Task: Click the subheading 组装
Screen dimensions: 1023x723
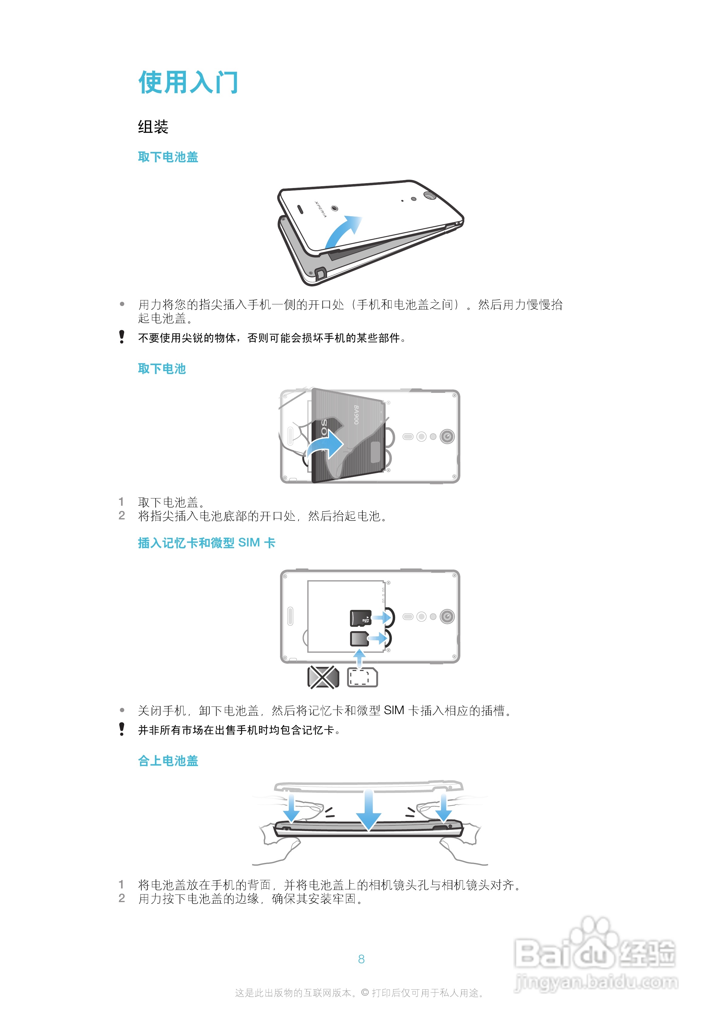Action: click(153, 127)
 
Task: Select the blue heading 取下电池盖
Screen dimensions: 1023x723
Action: click(168, 157)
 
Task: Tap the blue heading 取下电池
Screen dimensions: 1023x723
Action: click(162, 369)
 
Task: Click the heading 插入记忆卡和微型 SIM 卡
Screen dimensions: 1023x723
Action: click(206, 543)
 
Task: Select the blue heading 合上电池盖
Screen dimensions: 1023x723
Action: click(168, 761)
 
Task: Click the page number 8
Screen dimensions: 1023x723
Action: click(361, 959)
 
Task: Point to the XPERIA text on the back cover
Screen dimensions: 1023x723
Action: click(321, 209)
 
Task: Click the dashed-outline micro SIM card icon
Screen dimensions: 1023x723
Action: click(362, 677)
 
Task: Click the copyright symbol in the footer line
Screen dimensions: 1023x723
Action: click(365, 993)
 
